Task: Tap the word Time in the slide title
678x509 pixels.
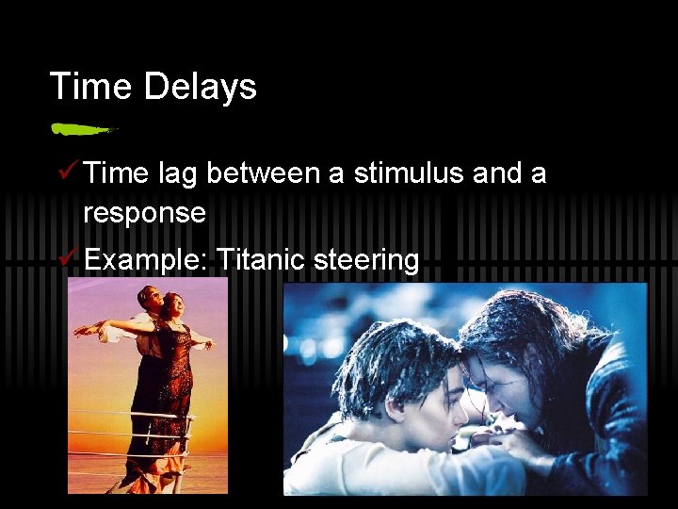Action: pos(90,87)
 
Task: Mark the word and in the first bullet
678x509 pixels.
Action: pos(505,173)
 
